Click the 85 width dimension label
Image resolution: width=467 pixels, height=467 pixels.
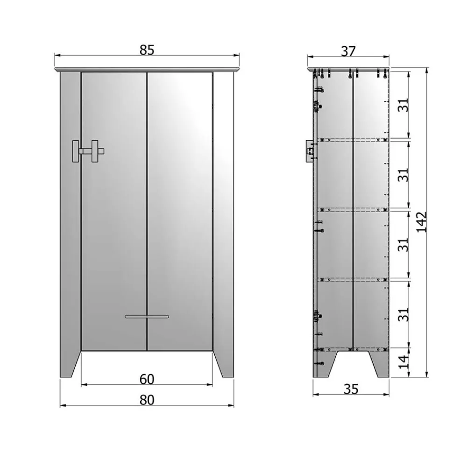click(x=147, y=50)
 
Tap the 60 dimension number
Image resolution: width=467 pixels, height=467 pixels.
click(x=147, y=379)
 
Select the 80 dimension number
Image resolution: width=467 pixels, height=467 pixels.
click(x=147, y=400)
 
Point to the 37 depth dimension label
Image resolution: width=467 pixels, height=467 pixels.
click(x=348, y=51)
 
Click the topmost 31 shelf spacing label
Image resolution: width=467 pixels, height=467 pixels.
click(x=404, y=105)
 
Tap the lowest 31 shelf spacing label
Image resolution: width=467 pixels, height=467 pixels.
click(x=404, y=314)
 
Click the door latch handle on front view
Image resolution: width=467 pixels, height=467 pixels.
click(x=88, y=151)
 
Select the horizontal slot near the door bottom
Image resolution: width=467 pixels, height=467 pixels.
click(x=147, y=317)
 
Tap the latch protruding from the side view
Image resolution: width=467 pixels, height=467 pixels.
click(x=309, y=151)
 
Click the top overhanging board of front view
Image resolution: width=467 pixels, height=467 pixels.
click(x=147, y=70)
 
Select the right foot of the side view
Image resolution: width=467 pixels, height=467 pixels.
click(x=379, y=364)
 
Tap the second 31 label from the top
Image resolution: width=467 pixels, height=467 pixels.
click(x=404, y=175)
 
